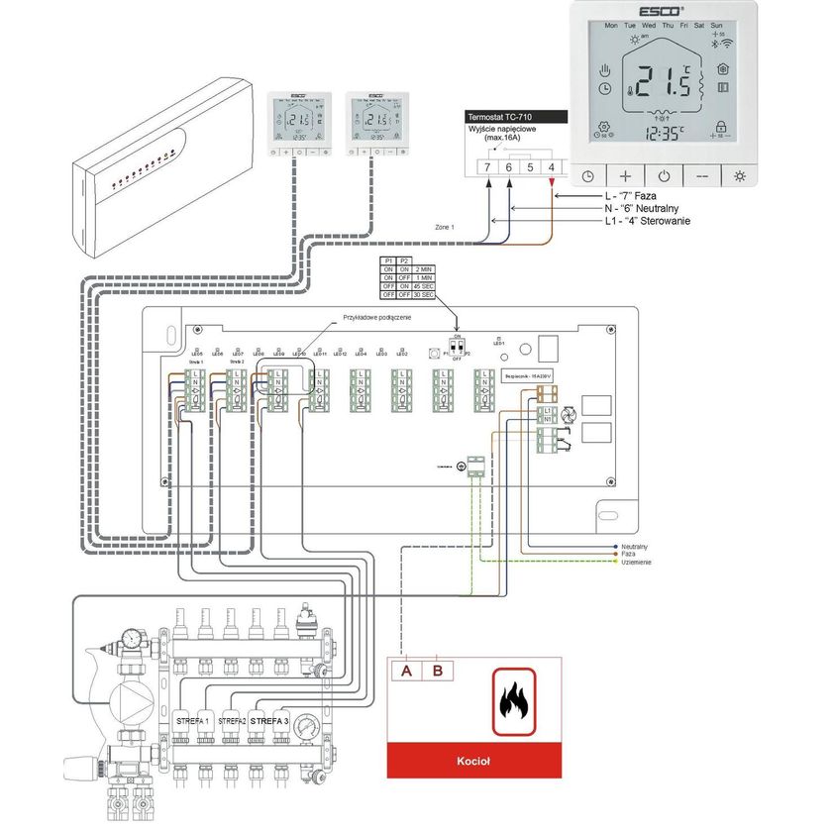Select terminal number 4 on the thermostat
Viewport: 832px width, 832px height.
pos(552,167)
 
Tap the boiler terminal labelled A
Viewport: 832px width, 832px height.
pos(406,671)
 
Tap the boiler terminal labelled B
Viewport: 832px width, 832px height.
pos(438,671)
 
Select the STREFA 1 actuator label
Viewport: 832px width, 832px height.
pos(193,720)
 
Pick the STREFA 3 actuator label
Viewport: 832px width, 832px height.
pos(268,720)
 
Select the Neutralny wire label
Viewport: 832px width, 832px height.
pos(635,546)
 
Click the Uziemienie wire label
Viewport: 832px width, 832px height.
pos(636,562)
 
